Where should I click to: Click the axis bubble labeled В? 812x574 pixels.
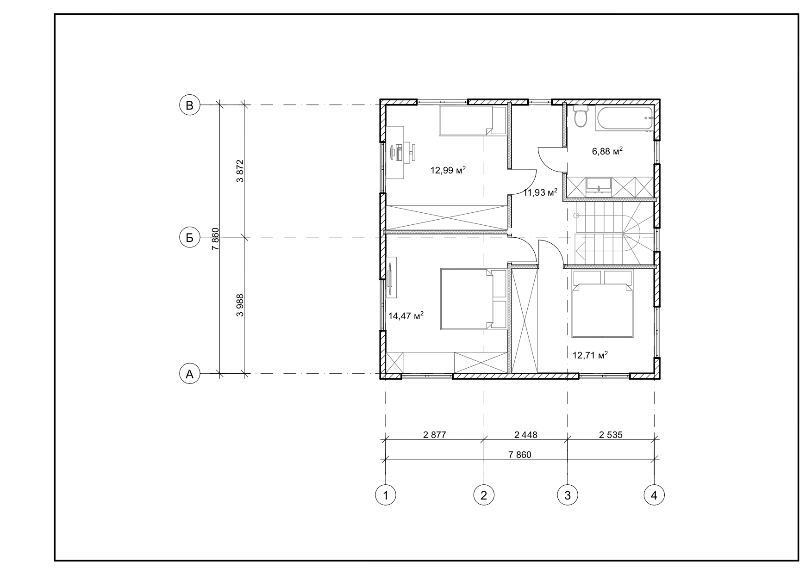pyautogui.click(x=189, y=105)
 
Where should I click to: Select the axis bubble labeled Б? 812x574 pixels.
pyautogui.click(x=189, y=238)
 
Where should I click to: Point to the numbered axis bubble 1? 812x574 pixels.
pyautogui.click(x=386, y=495)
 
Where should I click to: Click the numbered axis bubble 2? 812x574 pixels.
pyautogui.click(x=484, y=495)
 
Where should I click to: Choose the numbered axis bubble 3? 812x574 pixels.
pyautogui.click(x=568, y=495)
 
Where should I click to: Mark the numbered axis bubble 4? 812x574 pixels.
pyautogui.click(x=654, y=495)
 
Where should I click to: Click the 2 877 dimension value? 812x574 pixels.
pyautogui.click(x=435, y=435)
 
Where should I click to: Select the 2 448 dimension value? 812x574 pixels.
pyautogui.click(x=526, y=435)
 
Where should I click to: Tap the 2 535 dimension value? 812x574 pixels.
pyautogui.click(x=611, y=435)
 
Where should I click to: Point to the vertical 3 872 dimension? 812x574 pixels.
pyautogui.click(x=240, y=171)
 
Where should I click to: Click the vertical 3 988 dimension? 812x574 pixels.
pyautogui.click(x=240, y=305)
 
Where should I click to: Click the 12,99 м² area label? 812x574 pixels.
pyautogui.click(x=448, y=170)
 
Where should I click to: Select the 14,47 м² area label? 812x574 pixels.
pyautogui.click(x=406, y=316)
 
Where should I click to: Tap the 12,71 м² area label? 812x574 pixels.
pyautogui.click(x=590, y=355)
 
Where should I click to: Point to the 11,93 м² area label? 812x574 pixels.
pyautogui.click(x=540, y=192)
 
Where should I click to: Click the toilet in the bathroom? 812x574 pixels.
pyautogui.click(x=580, y=116)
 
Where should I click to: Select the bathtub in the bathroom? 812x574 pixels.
pyautogui.click(x=625, y=119)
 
